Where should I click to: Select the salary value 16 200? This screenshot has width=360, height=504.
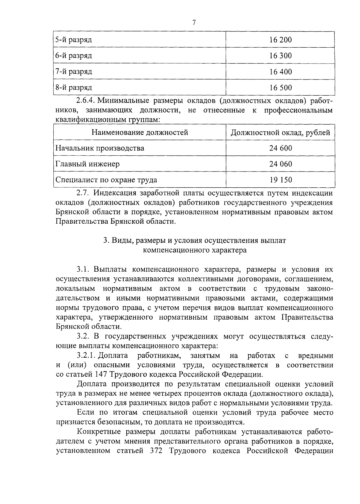280,40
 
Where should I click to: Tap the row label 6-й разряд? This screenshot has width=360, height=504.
74,55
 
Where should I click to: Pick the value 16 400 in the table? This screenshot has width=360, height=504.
280,72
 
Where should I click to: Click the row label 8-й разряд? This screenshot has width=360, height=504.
74,88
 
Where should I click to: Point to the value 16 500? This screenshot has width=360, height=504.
280,88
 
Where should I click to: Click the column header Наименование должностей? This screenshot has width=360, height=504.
140,132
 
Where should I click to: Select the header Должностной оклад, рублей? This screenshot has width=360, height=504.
280,132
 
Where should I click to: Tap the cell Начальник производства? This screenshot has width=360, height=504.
100,148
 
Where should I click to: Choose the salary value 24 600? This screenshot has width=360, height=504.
280,148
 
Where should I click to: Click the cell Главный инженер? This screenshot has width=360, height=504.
88,164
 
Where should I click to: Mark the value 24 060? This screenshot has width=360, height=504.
280,164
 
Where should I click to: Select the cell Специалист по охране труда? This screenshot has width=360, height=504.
106,180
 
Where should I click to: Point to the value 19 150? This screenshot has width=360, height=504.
280,180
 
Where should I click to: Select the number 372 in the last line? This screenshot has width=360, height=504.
156,451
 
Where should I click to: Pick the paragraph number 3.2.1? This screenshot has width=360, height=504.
86,356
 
